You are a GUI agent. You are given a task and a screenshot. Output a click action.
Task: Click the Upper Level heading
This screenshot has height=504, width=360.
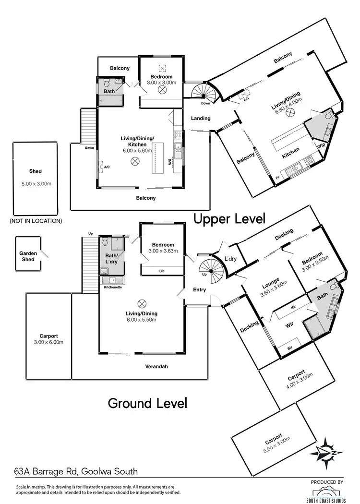229,219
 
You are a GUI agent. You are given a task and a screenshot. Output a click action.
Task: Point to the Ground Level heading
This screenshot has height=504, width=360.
147,403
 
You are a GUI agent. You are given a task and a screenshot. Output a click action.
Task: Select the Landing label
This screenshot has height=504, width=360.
201,118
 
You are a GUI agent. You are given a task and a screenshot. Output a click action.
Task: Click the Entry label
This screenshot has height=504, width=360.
199,289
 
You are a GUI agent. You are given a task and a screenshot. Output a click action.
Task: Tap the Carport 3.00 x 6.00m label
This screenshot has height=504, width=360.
48,339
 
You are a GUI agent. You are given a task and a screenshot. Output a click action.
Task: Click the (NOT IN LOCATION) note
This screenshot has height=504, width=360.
36,221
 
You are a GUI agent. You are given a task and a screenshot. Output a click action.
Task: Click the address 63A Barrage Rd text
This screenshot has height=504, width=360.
76,472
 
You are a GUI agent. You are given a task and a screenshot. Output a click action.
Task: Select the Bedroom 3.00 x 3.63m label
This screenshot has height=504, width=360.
162,248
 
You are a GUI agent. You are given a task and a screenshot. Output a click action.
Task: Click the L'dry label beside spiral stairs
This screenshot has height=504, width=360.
230,259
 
